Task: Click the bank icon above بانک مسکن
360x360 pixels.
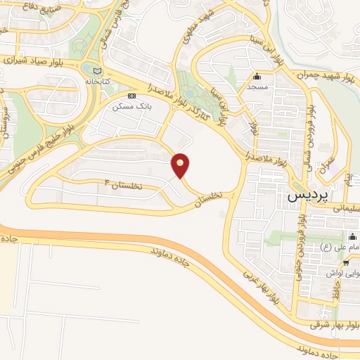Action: click(131, 96)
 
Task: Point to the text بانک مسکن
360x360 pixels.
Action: click(131, 108)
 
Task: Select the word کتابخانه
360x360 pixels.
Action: click(100, 82)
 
